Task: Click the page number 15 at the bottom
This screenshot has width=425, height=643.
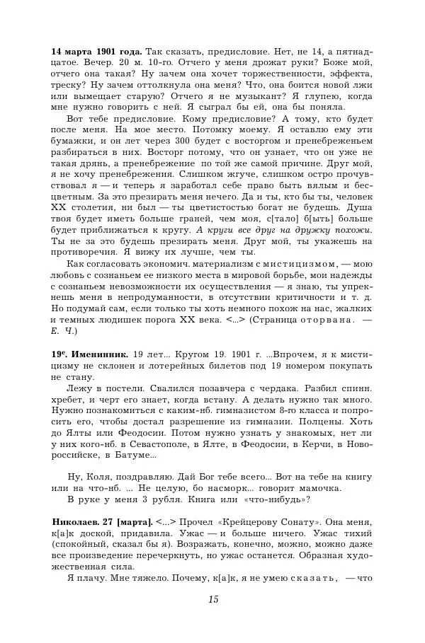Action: point(213,601)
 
